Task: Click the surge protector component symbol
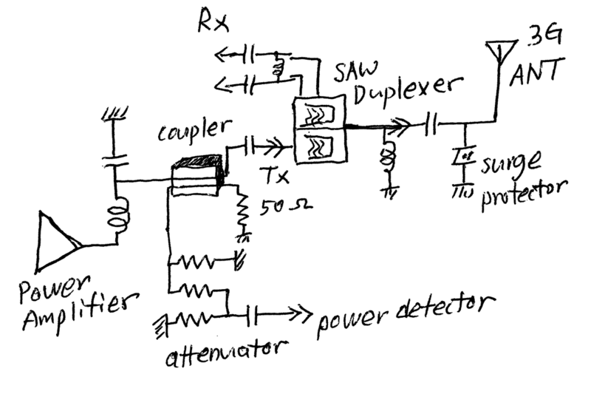pos(463,157)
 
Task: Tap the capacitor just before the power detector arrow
pos(253,313)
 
